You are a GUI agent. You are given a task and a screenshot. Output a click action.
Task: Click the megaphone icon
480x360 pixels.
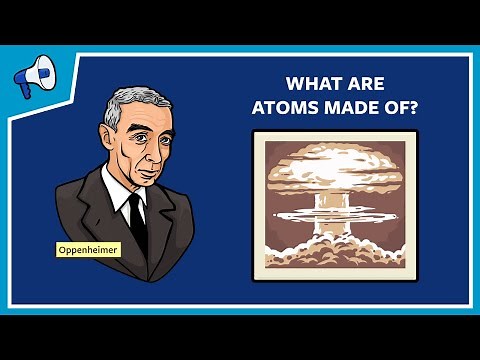(32, 74)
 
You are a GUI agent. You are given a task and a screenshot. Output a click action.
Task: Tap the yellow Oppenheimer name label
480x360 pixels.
(88, 249)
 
